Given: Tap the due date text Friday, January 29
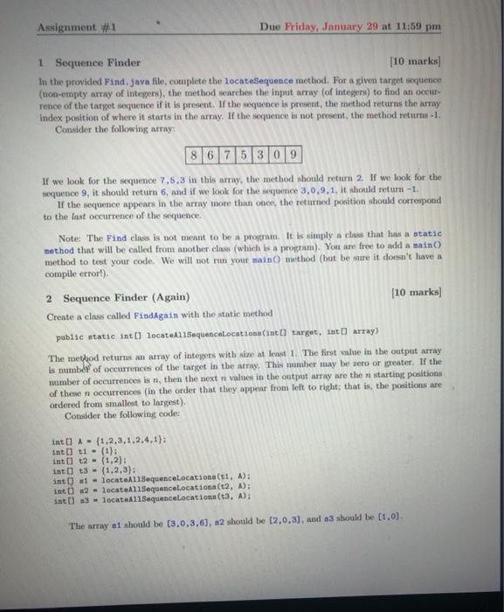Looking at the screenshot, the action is [342, 26].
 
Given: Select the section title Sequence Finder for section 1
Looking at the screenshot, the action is [98, 63].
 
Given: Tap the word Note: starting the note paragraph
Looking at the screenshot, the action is [69, 238].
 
